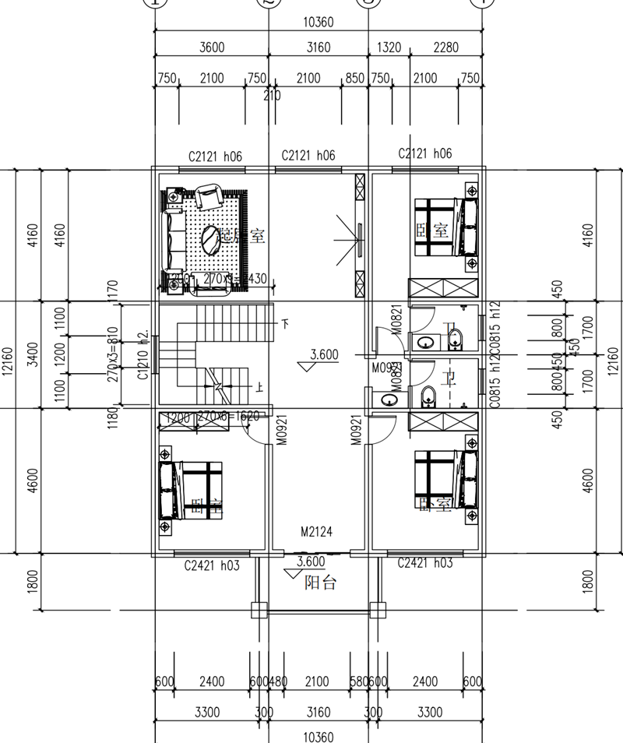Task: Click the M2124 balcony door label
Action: (317, 533)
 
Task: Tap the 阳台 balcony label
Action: (319, 583)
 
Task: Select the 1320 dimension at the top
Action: (389, 48)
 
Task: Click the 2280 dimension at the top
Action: (445, 48)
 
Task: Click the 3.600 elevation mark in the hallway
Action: (324, 355)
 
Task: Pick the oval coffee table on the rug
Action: (210, 239)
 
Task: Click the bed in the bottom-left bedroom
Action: (190, 490)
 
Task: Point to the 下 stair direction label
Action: (285, 323)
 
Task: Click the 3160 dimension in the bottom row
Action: (319, 712)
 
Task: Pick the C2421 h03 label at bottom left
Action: (210, 563)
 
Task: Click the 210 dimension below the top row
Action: (273, 96)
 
